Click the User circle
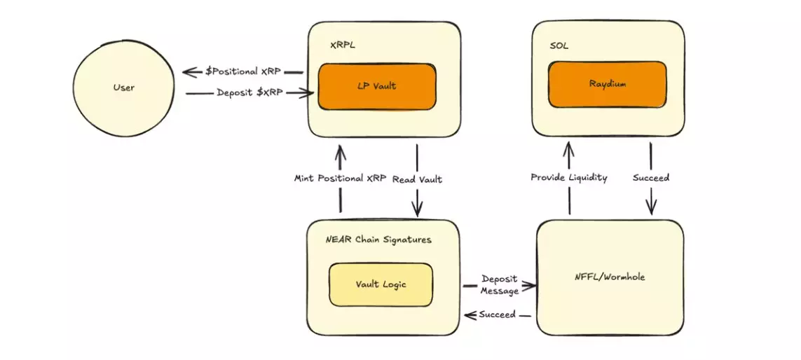[x=123, y=88]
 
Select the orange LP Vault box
[x=378, y=86]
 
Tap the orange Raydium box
[x=607, y=84]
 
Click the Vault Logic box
[x=381, y=284]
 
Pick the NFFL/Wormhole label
[x=610, y=277]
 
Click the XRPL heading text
[x=343, y=45]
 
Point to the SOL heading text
[x=559, y=46]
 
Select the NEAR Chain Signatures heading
[x=378, y=240]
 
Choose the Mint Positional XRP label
[x=340, y=179]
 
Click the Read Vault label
[x=417, y=179]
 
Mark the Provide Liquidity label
[x=568, y=178]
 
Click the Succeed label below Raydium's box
[x=650, y=178]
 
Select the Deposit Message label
[x=500, y=284]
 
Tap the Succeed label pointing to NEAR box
[x=497, y=314]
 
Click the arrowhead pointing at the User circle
[x=187, y=71]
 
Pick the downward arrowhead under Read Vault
[x=418, y=210]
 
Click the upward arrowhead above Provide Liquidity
[x=568, y=146]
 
